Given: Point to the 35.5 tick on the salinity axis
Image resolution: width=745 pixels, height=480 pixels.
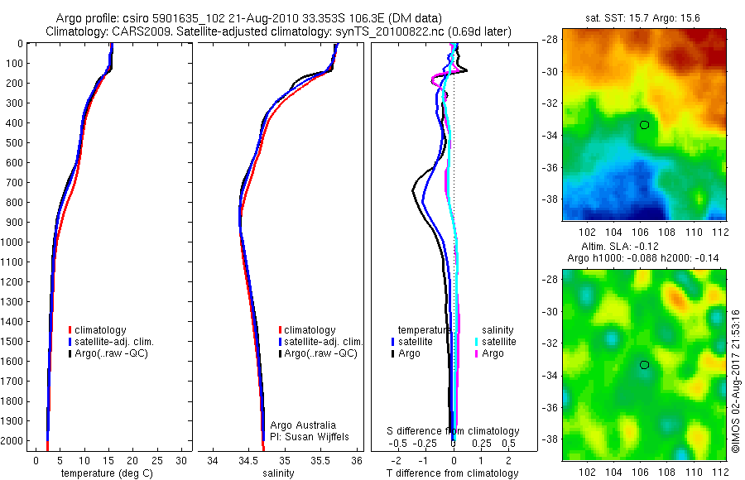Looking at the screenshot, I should click(x=320, y=460).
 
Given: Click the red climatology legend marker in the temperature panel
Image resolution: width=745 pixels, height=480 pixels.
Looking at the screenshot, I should click(x=70, y=330).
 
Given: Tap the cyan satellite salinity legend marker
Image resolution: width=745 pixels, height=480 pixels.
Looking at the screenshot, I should click(x=477, y=342).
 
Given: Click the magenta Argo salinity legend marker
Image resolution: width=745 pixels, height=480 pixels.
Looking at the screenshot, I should click(x=477, y=353).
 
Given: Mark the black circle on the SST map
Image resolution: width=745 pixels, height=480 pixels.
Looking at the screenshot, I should click(x=644, y=125).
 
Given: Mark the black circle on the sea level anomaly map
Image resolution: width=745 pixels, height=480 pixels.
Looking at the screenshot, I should click(x=644, y=364).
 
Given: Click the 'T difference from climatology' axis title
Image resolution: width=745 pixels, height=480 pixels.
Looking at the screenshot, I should click(x=454, y=473).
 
